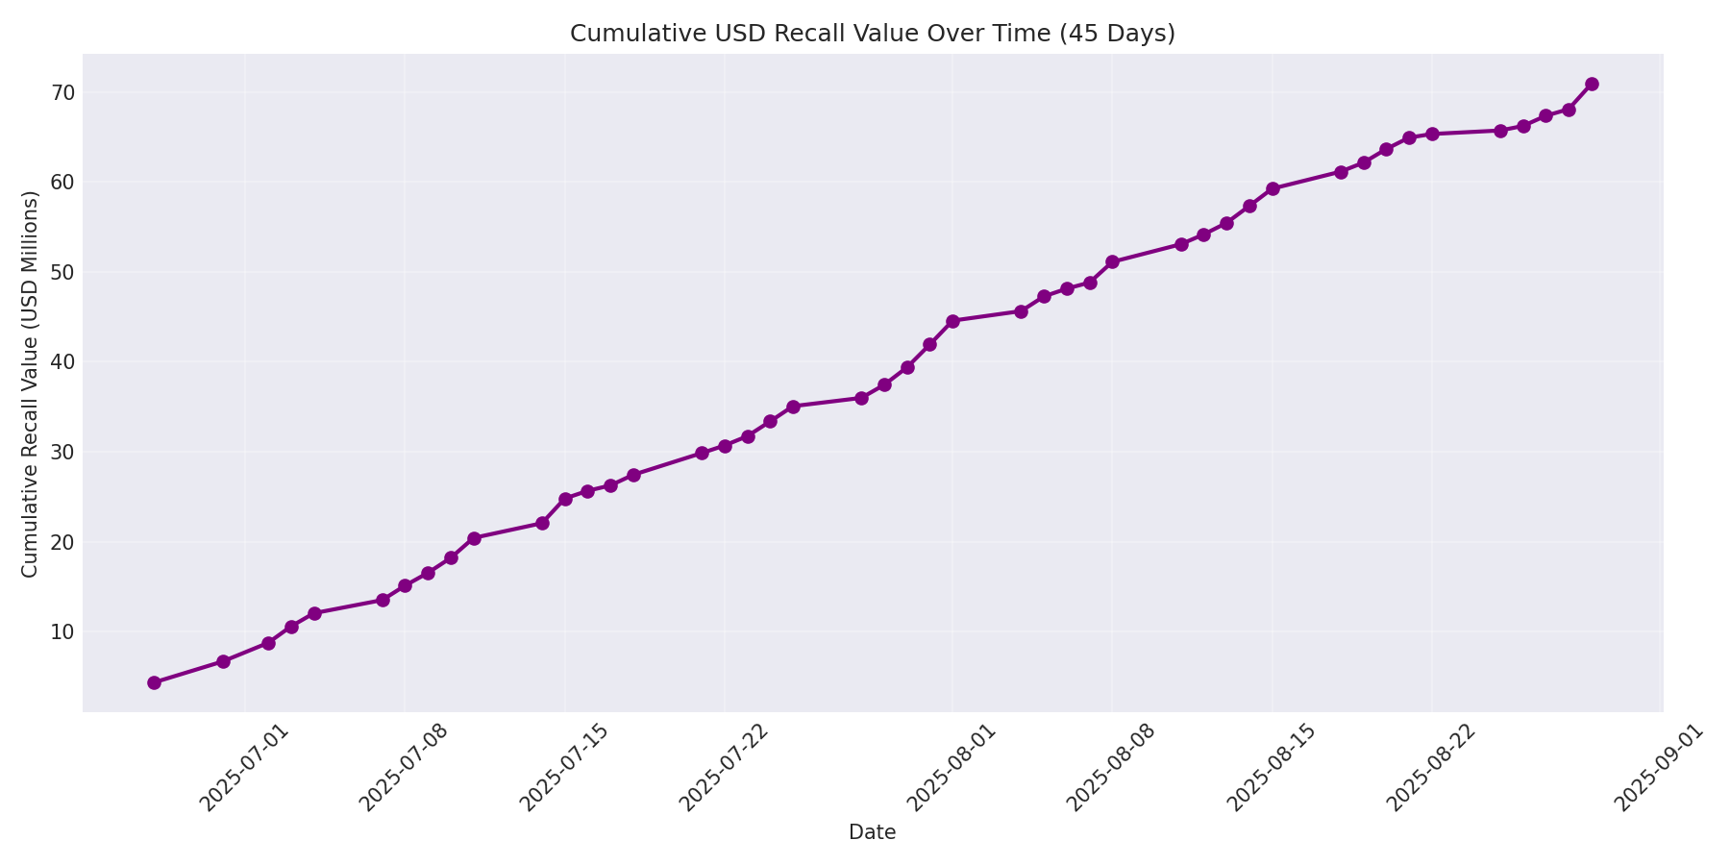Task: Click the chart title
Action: coord(872,34)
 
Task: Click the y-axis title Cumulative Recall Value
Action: coord(30,384)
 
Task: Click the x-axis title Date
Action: coord(872,832)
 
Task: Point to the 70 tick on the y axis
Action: coord(63,93)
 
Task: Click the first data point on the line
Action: coord(154,682)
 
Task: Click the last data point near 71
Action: coord(1592,84)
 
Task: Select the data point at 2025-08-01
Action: coord(952,321)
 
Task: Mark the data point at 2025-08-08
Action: coord(1112,261)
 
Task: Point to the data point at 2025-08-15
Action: coord(1273,188)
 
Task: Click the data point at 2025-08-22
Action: coord(1432,134)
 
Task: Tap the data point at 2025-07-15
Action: coord(565,499)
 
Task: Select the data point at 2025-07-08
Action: coord(405,585)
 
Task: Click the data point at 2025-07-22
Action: coord(725,446)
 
